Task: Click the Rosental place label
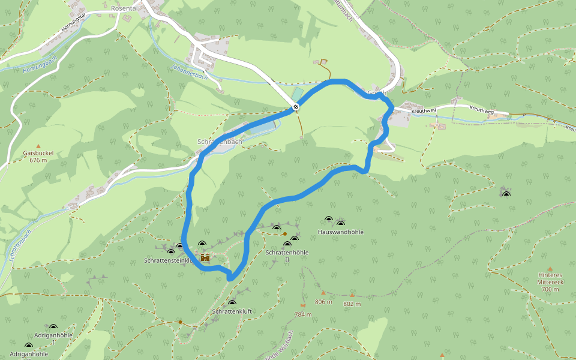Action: tap(124, 8)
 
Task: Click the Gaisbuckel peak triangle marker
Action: tap(38, 146)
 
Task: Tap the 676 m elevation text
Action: tap(38, 160)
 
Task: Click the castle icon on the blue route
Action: tap(205, 258)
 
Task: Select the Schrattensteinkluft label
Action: tap(168, 260)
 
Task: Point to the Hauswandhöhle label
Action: tap(341, 232)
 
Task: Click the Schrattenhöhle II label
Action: tap(287, 256)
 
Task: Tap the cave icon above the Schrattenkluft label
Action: tap(232, 303)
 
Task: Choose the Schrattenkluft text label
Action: tap(232, 312)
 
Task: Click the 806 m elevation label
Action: tap(323, 302)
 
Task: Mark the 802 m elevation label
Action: tap(352, 304)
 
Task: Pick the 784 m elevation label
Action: tap(303, 314)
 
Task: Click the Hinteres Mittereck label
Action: tap(550, 282)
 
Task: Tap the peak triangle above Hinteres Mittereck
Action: tap(550, 269)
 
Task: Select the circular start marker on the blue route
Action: tap(296, 107)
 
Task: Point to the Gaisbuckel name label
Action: tap(38, 153)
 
